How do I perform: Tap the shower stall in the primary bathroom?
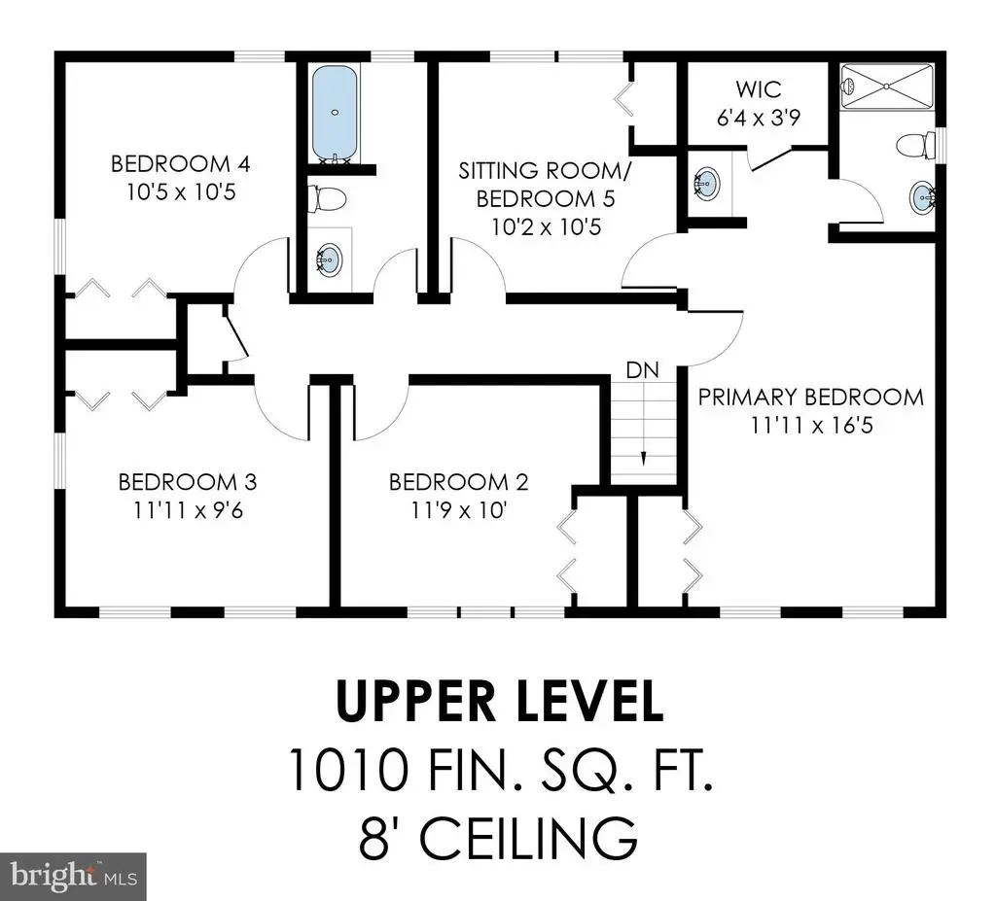[887, 87]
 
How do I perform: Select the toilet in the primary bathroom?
[915, 146]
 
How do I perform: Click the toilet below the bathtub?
[327, 198]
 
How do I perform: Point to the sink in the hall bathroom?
[329, 260]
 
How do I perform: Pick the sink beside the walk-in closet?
[706, 183]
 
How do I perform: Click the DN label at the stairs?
[642, 370]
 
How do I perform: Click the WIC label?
[759, 88]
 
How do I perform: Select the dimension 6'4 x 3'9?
[759, 118]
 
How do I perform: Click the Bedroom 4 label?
[180, 164]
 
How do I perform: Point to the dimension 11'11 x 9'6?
[188, 510]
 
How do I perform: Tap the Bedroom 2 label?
[459, 482]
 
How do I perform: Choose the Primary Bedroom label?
[810, 397]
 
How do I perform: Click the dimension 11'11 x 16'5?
[812, 425]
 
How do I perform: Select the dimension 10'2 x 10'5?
[547, 226]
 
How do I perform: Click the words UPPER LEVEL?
[500, 701]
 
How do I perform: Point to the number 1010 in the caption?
[349, 768]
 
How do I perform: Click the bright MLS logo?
[73, 877]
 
